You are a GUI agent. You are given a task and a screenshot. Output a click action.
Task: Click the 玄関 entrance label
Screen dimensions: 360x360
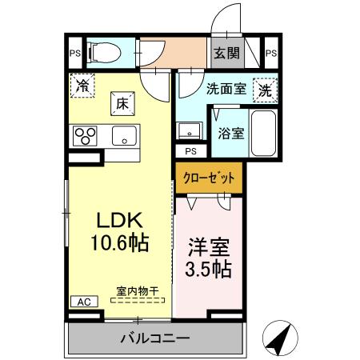[226, 54]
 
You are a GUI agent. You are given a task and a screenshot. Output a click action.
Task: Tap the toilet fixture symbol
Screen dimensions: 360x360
[102, 54]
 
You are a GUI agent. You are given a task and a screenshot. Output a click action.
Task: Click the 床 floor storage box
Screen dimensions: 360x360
[122, 103]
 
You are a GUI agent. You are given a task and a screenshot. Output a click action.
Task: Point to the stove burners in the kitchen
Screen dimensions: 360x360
[86, 136]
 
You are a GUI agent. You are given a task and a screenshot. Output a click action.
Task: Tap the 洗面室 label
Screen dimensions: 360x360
[224, 90]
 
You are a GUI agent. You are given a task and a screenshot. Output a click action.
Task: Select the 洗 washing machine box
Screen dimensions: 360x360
[264, 90]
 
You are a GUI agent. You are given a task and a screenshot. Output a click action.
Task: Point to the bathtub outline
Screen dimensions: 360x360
[264, 133]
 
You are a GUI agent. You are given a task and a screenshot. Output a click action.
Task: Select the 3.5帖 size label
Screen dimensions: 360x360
[210, 268]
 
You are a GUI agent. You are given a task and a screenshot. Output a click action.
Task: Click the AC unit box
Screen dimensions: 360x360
[82, 302]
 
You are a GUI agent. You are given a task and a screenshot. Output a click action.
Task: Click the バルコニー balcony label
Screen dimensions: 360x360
[154, 338]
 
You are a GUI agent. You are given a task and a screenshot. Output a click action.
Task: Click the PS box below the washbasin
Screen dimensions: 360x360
[190, 150]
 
